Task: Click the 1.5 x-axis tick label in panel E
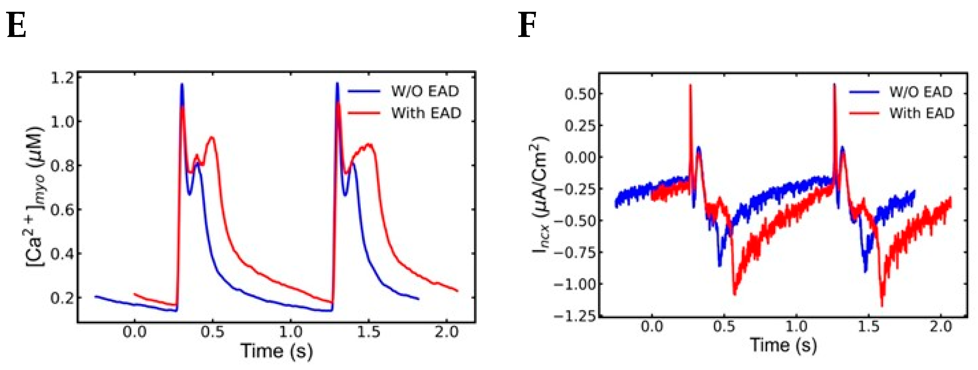pos(368,332)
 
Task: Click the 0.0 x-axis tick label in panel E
pos(135,332)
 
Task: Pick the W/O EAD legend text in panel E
pos(425,91)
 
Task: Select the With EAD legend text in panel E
pos(426,113)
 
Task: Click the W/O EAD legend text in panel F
pos(921,92)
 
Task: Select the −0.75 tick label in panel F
pos(573,252)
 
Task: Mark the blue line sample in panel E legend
pos(364,91)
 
